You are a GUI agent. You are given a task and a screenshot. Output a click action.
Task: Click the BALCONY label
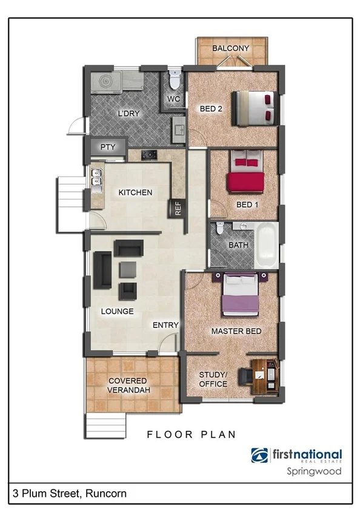[231, 48]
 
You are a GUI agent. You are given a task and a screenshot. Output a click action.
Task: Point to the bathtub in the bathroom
[266, 246]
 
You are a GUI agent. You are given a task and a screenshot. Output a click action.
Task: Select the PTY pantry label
[108, 147]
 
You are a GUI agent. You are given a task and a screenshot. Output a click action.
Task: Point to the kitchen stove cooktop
[149, 155]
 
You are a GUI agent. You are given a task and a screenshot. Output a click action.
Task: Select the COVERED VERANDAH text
[127, 385]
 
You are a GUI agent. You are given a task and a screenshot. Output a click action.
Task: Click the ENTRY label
[165, 325]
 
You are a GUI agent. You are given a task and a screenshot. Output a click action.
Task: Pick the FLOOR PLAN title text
[191, 434]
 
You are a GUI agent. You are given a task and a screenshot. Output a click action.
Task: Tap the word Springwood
[313, 471]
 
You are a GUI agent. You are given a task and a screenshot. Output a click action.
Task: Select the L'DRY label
[128, 113]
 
